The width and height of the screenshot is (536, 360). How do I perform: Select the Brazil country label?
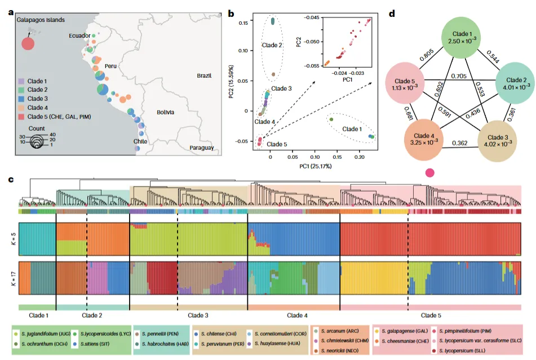point(204,75)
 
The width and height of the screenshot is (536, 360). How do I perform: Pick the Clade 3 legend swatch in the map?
point(21,99)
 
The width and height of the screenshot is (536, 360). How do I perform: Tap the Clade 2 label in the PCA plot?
point(273,45)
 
